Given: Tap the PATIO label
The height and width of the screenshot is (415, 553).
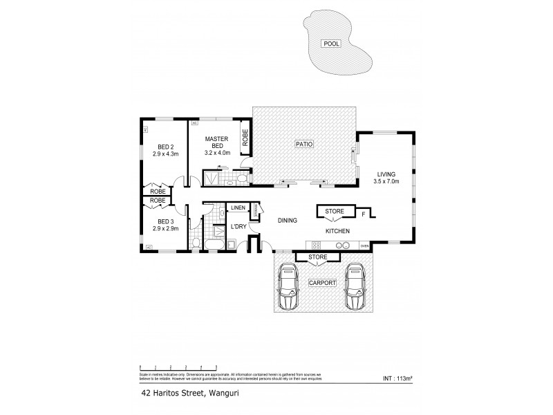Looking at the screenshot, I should pos(305,145).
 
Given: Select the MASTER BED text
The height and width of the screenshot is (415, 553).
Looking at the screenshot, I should pos(216,142).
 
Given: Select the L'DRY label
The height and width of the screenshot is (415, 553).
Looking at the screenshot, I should pos(238,226).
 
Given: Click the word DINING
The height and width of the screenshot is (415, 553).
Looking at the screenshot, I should pos(288,221).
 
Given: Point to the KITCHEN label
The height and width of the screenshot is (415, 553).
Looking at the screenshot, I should pos(337,231).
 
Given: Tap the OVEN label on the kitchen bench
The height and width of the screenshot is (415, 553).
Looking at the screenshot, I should pos(364,246).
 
